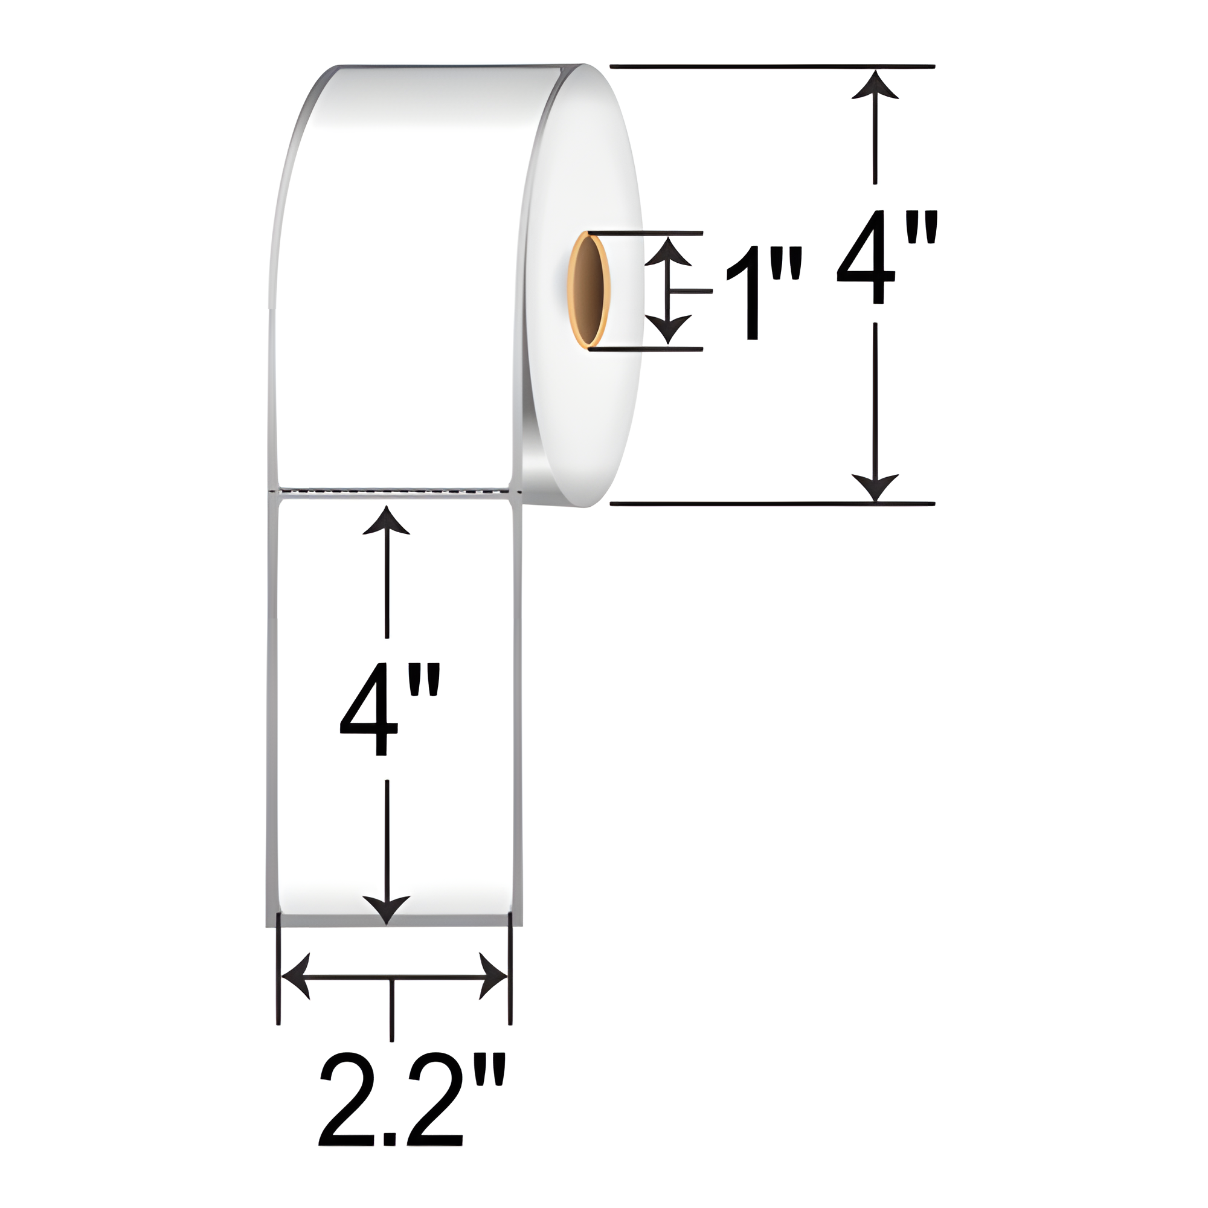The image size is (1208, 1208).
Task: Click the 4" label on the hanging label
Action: pyautogui.click(x=388, y=710)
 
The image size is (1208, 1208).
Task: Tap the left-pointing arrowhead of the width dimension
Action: pyautogui.click(x=294, y=976)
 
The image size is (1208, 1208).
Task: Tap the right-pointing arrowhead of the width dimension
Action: pyautogui.click(x=493, y=976)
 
